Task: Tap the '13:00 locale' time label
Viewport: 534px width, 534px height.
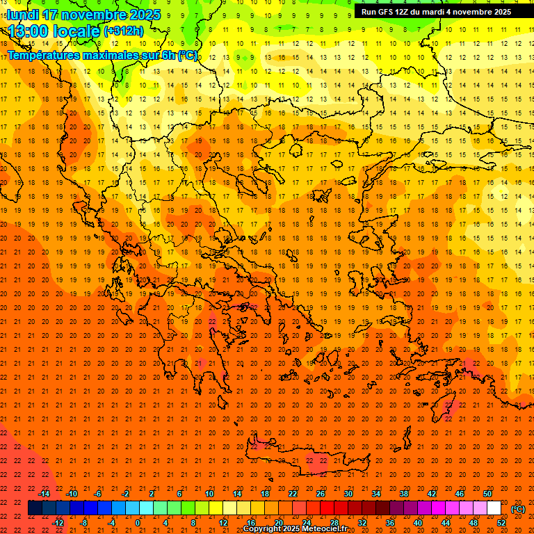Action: pos(54,31)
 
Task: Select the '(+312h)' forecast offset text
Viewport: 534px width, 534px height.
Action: pos(124,31)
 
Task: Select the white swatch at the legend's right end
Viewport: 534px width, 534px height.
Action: pos(494,508)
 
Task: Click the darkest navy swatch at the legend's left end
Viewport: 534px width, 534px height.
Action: pos(35,508)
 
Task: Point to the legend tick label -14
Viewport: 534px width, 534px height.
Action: pos(44,494)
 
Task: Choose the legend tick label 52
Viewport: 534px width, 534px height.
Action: pos(501,522)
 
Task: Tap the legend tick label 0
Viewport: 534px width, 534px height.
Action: pos(138,522)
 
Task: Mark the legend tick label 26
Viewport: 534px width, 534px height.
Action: pos(321,494)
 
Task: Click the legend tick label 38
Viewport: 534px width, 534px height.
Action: pos(403,494)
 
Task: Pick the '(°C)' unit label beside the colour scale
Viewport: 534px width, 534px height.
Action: pos(518,509)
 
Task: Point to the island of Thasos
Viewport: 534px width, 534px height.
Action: pos(297,149)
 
